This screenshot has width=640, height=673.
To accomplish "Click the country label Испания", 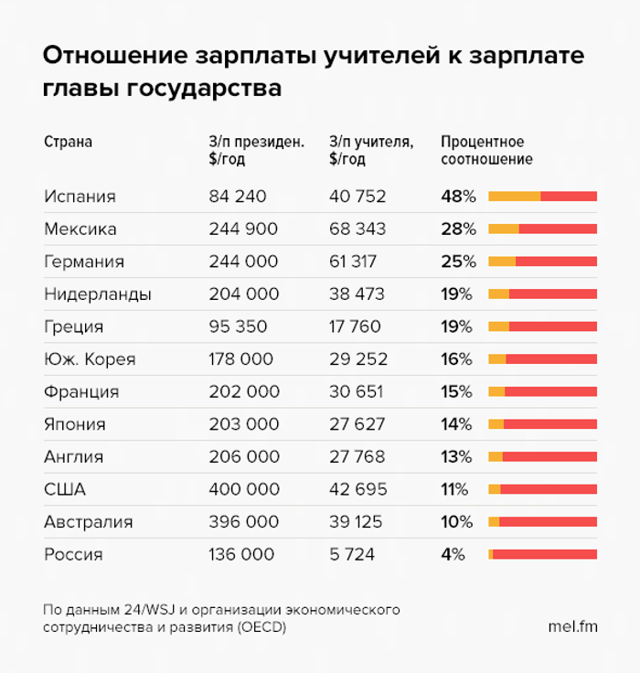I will pyautogui.click(x=80, y=197).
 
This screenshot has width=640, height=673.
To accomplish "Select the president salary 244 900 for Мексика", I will pyautogui.click(x=242, y=229).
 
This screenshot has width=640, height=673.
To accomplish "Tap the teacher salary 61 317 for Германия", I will pyautogui.click(x=353, y=262).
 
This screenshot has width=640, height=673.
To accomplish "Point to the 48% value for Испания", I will pyautogui.click(x=458, y=197).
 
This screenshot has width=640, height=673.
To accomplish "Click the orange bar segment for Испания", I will pyautogui.click(x=514, y=197).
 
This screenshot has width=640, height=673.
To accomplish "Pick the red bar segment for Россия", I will pyautogui.click(x=545, y=555).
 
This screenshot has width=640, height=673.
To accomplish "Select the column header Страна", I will pyautogui.click(x=68, y=143).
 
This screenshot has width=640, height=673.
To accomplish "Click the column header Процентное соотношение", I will pyautogui.click(x=485, y=151).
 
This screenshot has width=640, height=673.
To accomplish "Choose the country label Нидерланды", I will pyautogui.click(x=98, y=294).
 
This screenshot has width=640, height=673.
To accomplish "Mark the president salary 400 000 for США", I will pyautogui.click(x=243, y=489).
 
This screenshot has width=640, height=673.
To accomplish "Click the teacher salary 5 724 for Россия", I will pyautogui.click(x=352, y=555).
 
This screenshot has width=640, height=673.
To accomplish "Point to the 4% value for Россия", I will pyautogui.click(x=453, y=555).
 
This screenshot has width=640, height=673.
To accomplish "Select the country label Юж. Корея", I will pyautogui.click(x=90, y=359).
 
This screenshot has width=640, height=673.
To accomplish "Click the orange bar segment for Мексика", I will pyautogui.click(x=504, y=230).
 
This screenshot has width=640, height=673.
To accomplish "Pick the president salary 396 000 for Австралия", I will pyautogui.click(x=243, y=522).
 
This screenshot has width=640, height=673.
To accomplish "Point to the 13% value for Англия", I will pyautogui.click(x=457, y=456).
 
